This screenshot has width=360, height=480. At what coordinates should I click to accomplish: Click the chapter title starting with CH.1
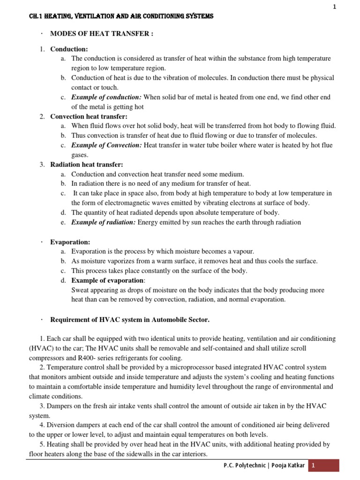click(x=121, y=16)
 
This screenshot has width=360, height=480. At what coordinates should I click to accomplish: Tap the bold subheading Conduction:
click(x=69, y=49)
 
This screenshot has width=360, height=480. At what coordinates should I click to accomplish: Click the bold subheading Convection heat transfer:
click(x=89, y=116)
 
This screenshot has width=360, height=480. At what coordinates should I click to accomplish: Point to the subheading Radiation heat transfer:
click(x=87, y=165)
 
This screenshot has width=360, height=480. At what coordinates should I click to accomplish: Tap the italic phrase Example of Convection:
click(x=106, y=145)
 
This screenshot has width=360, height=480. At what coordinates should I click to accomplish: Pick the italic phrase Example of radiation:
click(x=103, y=222)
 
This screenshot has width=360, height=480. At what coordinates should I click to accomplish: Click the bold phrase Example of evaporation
click(x=107, y=280)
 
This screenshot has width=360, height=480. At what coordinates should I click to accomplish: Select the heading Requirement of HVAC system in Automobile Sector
click(x=130, y=320)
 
